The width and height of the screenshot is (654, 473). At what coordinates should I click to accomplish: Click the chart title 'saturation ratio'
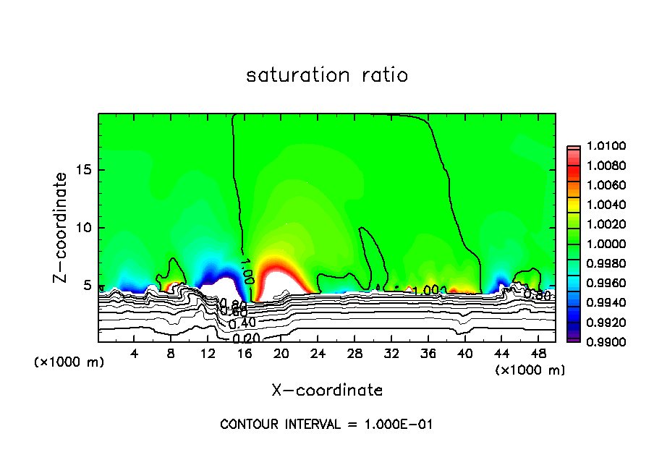coord(327,75)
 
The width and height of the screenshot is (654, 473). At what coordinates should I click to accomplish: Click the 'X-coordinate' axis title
coord(327,391)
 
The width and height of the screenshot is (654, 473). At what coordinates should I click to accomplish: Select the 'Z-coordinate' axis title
coord(61,228)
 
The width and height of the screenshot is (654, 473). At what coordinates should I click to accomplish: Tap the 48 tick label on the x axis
coord(538,354)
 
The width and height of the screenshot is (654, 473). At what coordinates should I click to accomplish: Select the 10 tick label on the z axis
coord(83,228)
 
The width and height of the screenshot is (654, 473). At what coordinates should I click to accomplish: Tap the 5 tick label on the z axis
coord(87,285)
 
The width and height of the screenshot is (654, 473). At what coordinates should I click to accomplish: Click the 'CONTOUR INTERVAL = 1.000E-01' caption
coord(326,425)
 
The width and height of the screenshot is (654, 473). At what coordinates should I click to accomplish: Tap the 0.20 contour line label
coord(247,338)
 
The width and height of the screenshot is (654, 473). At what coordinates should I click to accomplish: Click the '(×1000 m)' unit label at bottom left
coord(69,362)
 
